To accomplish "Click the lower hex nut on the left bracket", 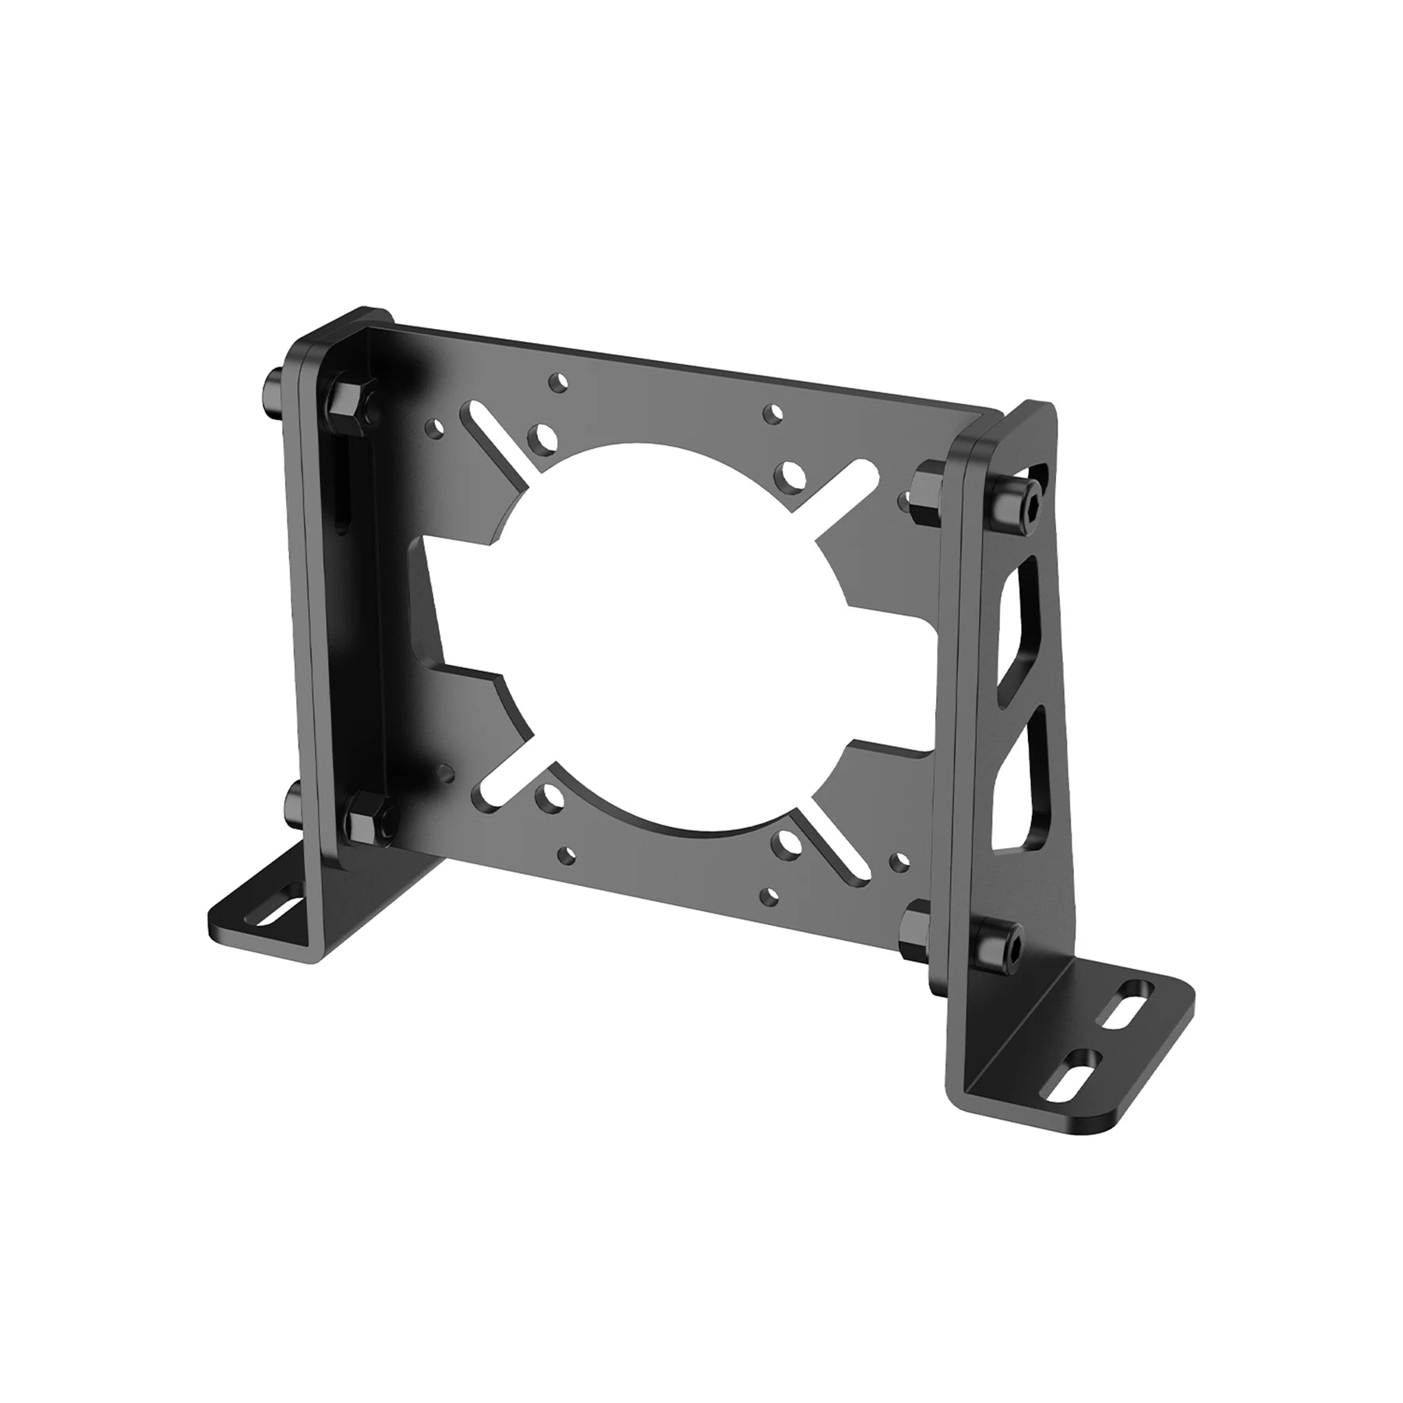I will [363, 825].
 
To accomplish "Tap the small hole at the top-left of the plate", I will [556, 381].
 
